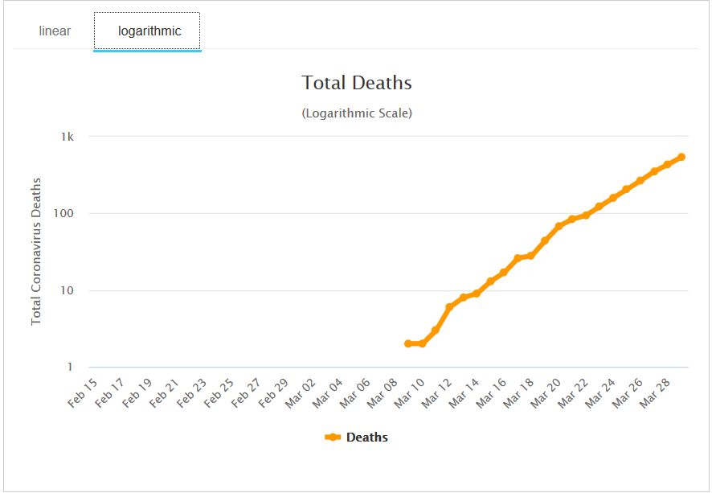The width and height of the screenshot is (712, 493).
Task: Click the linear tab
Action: (55, 31)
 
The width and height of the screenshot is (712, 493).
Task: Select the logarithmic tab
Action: (149, 31)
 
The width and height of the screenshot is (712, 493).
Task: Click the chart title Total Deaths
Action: (357, 83)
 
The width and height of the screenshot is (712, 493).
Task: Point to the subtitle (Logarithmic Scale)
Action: (357, 113)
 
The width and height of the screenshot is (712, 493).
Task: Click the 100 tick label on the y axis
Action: (64, 214)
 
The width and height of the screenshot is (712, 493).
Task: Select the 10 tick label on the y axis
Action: (68, 290)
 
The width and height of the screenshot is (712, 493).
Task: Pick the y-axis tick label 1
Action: (71, 368)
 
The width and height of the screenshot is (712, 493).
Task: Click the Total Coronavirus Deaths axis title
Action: (36, 252)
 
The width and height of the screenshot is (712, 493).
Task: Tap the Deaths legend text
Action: (367, 438)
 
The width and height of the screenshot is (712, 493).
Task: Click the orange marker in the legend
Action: (333, 438)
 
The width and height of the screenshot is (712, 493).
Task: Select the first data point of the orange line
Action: (408, 343)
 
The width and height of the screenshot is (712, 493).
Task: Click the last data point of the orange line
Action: (681, 157)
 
